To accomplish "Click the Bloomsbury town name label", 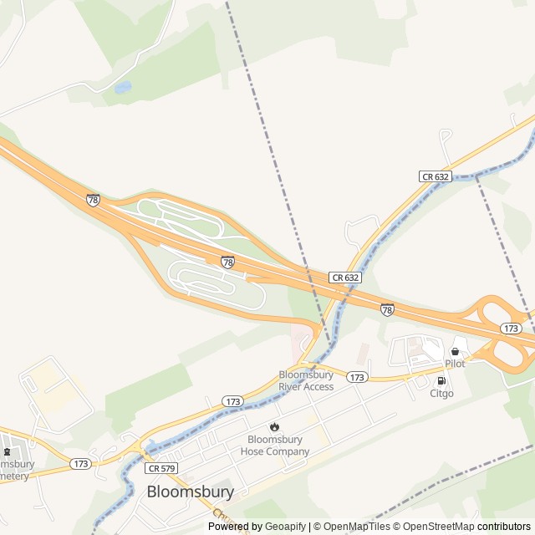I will pyautogui.click(x=191, y=492).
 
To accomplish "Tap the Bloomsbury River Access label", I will pyautogui.click(x=306, y=381).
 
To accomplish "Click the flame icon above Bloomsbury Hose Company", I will pyautogui.click(x=274, y=426).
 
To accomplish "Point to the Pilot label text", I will pyautogui.click(x=455, y=364).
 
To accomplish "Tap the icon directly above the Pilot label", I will pyautogui.click(x=455, y=351).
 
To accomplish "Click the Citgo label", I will pyautogui.click(x=441, y=393).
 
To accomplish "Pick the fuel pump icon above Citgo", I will pyautogui.click(x=441, y=380).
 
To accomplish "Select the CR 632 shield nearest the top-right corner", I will pyautogui.click(x=435, y=176).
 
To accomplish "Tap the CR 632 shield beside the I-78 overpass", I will pyautogui.click(x=344, y=277).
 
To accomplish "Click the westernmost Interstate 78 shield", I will pyautogui.click(x=93, y=200).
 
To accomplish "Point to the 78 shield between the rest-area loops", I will pyautogui.click(x=227, y=262).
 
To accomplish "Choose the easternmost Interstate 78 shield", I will pyautogui.click(x=387, y=309).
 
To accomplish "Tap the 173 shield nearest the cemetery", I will pyautogui.click(x=81, y=463).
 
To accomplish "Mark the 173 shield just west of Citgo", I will pyautogui.click(x=357, y=378).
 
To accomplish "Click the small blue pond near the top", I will pyautogui.click(x=123, y=86).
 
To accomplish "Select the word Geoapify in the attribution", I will pyautogui.click(x=285, y=527).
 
